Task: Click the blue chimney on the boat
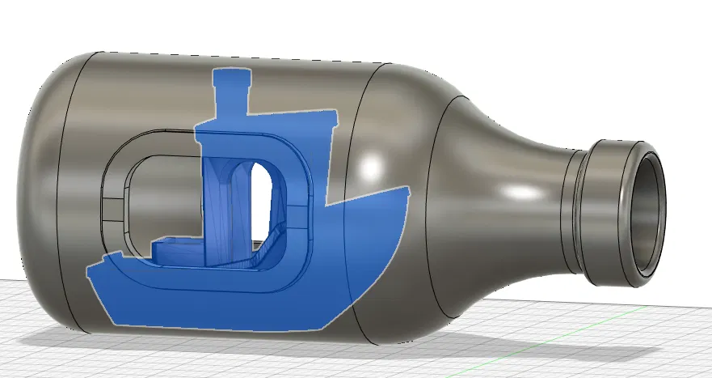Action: coord(231,93)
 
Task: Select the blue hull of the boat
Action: coord(242,299)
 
